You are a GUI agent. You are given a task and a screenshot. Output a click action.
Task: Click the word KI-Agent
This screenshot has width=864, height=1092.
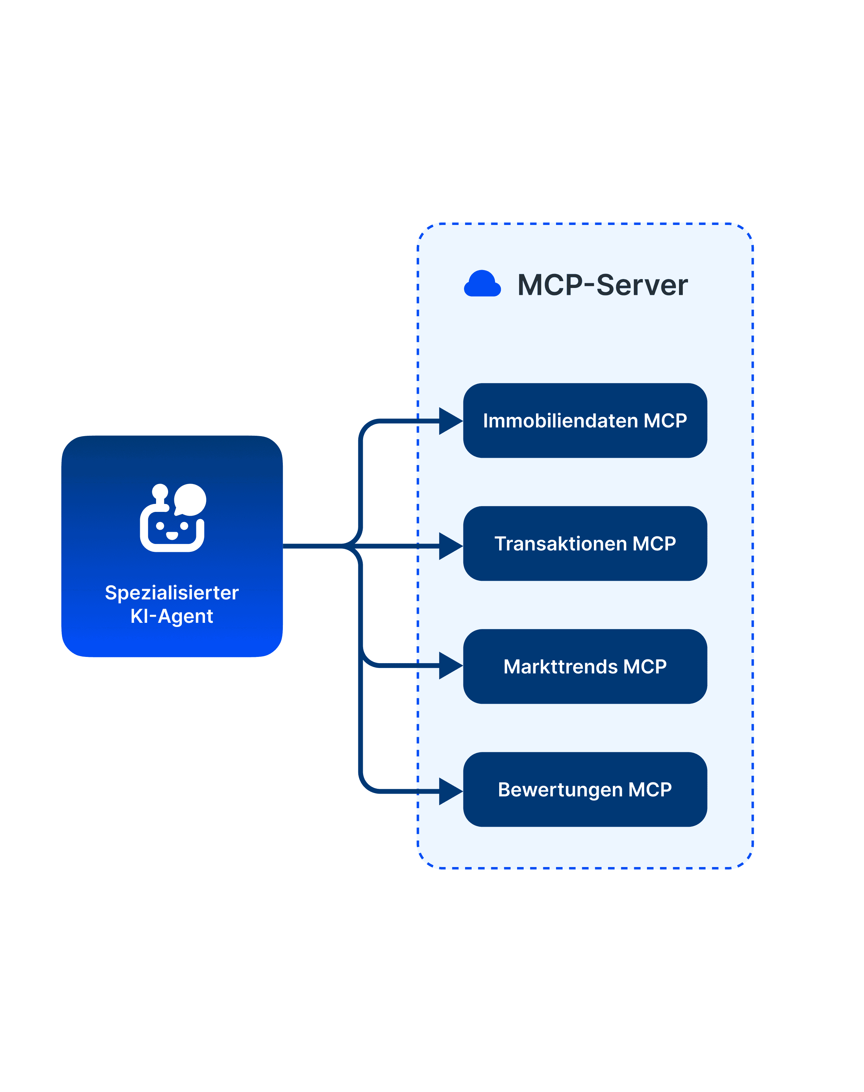[172, 616]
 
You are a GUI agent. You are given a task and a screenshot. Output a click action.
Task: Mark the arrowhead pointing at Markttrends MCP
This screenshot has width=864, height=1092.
[449, 666]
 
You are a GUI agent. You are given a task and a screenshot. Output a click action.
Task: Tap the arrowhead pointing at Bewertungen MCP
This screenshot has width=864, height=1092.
[449, 791]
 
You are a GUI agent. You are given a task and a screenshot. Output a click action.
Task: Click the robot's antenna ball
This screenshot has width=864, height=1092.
[160, 491]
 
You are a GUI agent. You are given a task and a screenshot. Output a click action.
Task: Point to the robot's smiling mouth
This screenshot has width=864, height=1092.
[172, 535]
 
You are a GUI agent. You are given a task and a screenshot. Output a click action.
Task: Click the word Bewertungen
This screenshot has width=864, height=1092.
[560, 790]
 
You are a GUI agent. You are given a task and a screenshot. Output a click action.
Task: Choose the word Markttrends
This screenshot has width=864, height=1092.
[560, 667]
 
